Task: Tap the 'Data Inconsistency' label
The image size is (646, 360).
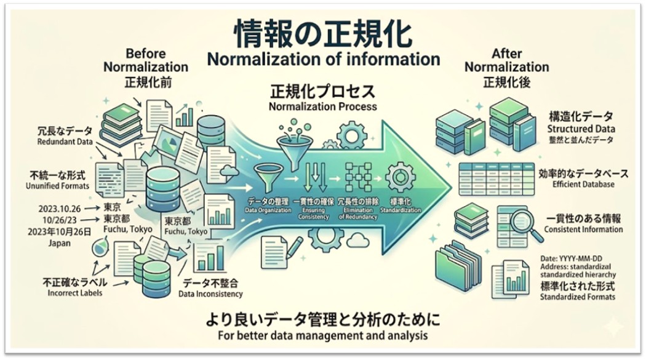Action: coord(212,294)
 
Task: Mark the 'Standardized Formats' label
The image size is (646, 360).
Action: coord(577,298)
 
